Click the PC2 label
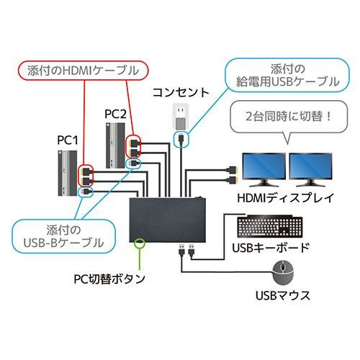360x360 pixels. point(115,113)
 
